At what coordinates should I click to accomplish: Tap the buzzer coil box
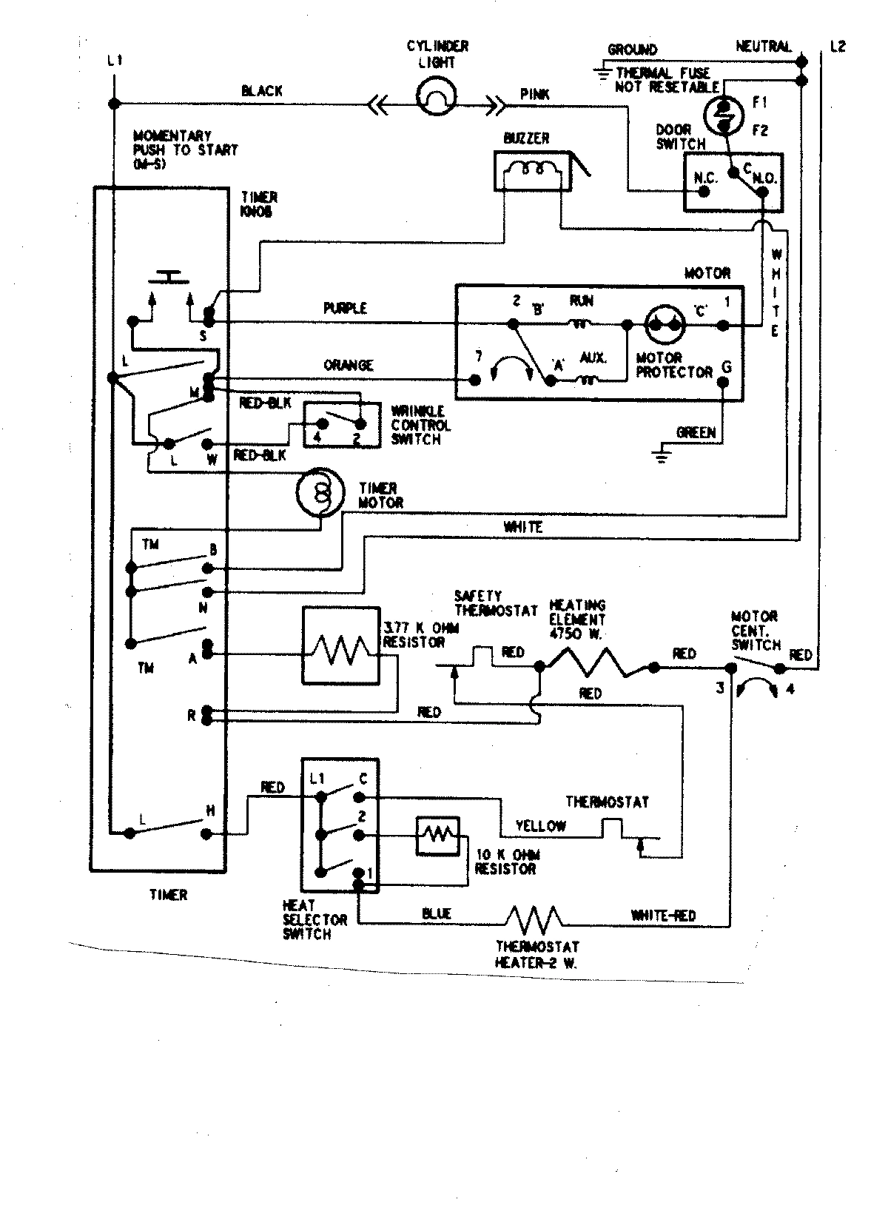coord(532,172)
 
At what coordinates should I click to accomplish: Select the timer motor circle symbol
coord(320,491)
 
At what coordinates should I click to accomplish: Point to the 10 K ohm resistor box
coord(437,835)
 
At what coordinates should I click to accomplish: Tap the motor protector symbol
coord(664,325)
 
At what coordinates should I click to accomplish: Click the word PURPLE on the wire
coord(345,308)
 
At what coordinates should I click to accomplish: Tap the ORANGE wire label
coord(348,366)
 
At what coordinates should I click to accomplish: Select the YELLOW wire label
coord(541,826)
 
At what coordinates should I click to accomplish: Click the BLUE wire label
coord(437,914)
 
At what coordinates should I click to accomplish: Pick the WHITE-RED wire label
coord(663,916)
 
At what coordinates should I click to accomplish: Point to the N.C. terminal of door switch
coord(704,191)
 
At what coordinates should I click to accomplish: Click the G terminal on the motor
coord(725,383)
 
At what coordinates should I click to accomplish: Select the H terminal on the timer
coord(208,833)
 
